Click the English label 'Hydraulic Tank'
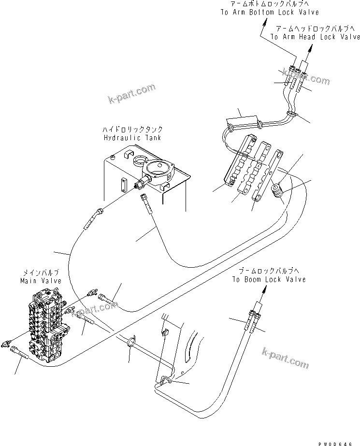(132, 138)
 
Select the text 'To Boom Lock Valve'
(268, 279)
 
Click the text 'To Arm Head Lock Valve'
(315, 36)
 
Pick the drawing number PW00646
(340, 440)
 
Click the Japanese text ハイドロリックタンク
(132, 129)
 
